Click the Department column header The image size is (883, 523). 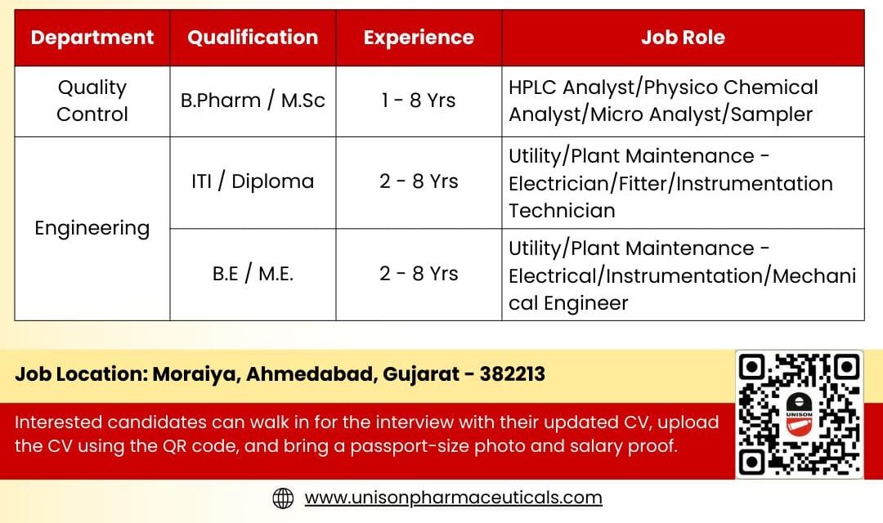pos(92,38)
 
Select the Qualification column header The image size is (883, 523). pos(253,38)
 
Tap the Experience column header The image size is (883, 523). pos(419,38)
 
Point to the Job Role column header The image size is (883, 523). pos(683,38)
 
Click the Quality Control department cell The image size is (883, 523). pos(92,101)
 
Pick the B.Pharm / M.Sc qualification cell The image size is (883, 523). pos(253,101)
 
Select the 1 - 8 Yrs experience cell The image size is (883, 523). pos(419,101)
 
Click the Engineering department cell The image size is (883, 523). pos(92,228)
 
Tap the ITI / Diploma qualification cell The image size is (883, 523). pos(253,181)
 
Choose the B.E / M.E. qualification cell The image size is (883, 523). pos(253,274)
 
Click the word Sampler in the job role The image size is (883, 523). pos(773,114)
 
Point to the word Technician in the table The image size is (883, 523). pos(562,211)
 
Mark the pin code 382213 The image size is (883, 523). pos(513,374)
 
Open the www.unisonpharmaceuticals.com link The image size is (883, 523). pos(453,498)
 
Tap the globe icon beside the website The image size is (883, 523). pos(283,498)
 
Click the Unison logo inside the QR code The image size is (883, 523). pos(799,413)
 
